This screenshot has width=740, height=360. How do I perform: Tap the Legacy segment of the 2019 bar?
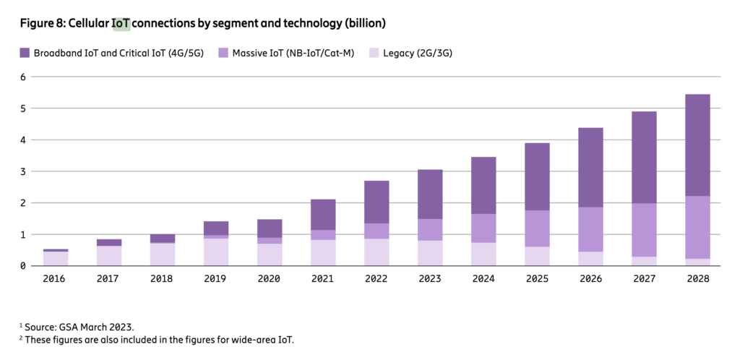[x=215, y=252]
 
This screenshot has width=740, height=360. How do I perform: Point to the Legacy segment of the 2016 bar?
[x=56, y=259]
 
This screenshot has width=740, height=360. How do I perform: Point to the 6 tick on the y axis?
[x=22, y=77]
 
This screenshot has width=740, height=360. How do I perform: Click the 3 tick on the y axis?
[x=22, y=171]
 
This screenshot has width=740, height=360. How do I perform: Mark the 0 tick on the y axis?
[x=22, y=266]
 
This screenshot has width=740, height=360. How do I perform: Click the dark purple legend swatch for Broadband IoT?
[x=25, y=52]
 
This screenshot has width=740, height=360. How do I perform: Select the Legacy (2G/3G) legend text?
[x=415, y=52]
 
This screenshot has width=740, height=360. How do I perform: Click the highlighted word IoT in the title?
[x=121, y=23]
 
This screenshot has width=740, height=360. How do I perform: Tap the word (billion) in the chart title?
[x=362, y=23]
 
